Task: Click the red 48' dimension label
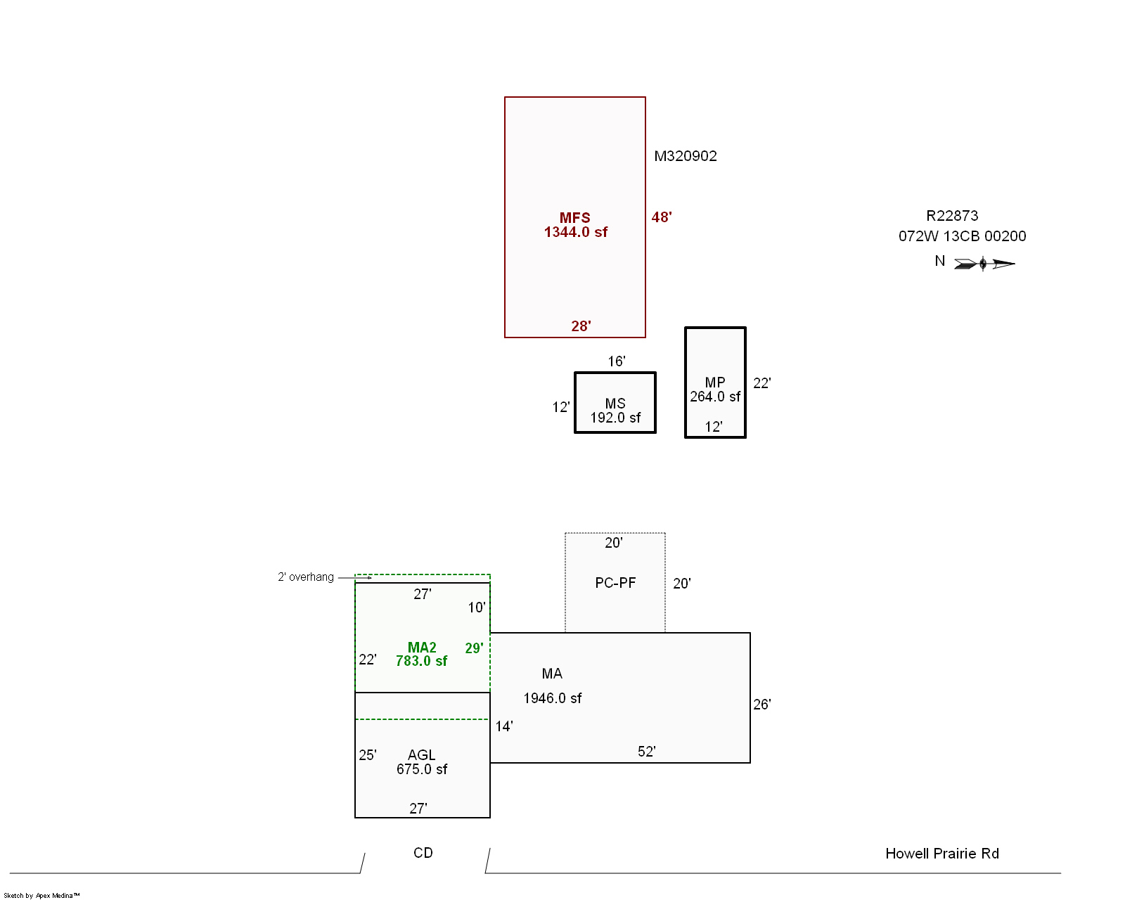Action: point(662,217)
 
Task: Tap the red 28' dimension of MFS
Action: point(581,326)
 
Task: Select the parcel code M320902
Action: point(686,156)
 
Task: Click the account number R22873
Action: point(952,215)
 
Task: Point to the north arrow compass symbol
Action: point(984,264)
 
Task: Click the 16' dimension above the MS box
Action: point(617,361)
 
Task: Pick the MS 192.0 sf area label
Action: point(615,411)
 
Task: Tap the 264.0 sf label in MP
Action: point(715,397)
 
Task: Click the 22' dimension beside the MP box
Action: point(761,383)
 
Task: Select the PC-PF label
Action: point(615,583)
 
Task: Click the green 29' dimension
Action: point(474,648)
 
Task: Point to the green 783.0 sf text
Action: point(421,661)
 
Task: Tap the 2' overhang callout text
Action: point(305,577)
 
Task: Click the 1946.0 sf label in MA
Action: point(553,698)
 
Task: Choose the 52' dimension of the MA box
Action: point(647,752)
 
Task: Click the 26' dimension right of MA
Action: point(761,705)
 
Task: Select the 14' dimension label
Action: point(504,726)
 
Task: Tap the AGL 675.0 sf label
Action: point(422,762)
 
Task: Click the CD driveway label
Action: point(423,853)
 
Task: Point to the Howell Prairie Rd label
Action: point(942,854)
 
